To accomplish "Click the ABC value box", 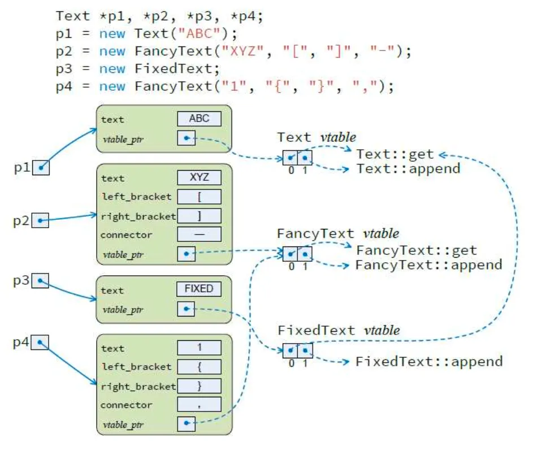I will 199,119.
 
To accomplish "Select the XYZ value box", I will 199,178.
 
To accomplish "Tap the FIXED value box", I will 199,289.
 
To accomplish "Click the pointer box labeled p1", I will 41,167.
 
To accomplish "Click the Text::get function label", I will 395,154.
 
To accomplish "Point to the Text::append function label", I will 408,168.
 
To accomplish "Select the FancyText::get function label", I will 416,250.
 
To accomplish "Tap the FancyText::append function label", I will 428,264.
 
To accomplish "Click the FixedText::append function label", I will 428,361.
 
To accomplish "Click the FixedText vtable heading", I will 339,331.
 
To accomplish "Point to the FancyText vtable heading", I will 337,233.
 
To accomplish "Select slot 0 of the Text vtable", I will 291,158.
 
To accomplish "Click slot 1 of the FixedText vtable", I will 305,350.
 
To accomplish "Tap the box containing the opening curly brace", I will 199,367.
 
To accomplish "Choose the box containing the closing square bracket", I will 199,216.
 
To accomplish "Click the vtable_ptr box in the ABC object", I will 186,138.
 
